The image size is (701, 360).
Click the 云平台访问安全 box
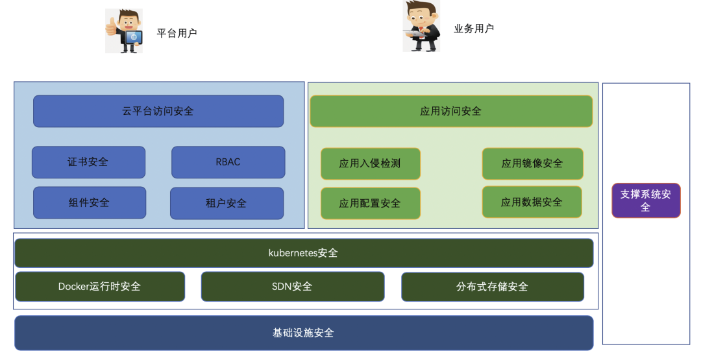tap(158, 111)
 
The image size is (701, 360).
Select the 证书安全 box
tap(88, 162)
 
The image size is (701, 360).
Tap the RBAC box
tap(228, 162)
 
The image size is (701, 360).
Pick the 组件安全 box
tap(90, 203)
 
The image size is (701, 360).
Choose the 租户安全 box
tap(227, 203)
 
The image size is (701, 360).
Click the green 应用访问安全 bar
tap(451, 112)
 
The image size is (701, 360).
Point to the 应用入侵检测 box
tap(370, 163)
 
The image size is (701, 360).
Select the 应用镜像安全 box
tap(532, 163)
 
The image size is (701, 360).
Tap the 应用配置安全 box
tap(370, 203)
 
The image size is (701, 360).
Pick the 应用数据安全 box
tap(532, 202)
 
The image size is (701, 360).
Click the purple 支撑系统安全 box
tap(646, 200)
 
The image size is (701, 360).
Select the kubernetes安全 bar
tap(304, 253)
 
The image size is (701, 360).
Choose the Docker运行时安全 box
tap(100, 286)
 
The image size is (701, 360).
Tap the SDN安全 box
tap(292, 286)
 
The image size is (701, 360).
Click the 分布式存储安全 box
tap(492, 286)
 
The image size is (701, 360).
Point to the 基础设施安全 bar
tap(304, 333)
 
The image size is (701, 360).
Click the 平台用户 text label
tap(177, 33)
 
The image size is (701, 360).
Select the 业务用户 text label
tap(474, 29)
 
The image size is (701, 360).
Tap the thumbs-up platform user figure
tap(124, 30)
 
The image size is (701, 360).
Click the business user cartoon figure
tap(421, 26)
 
